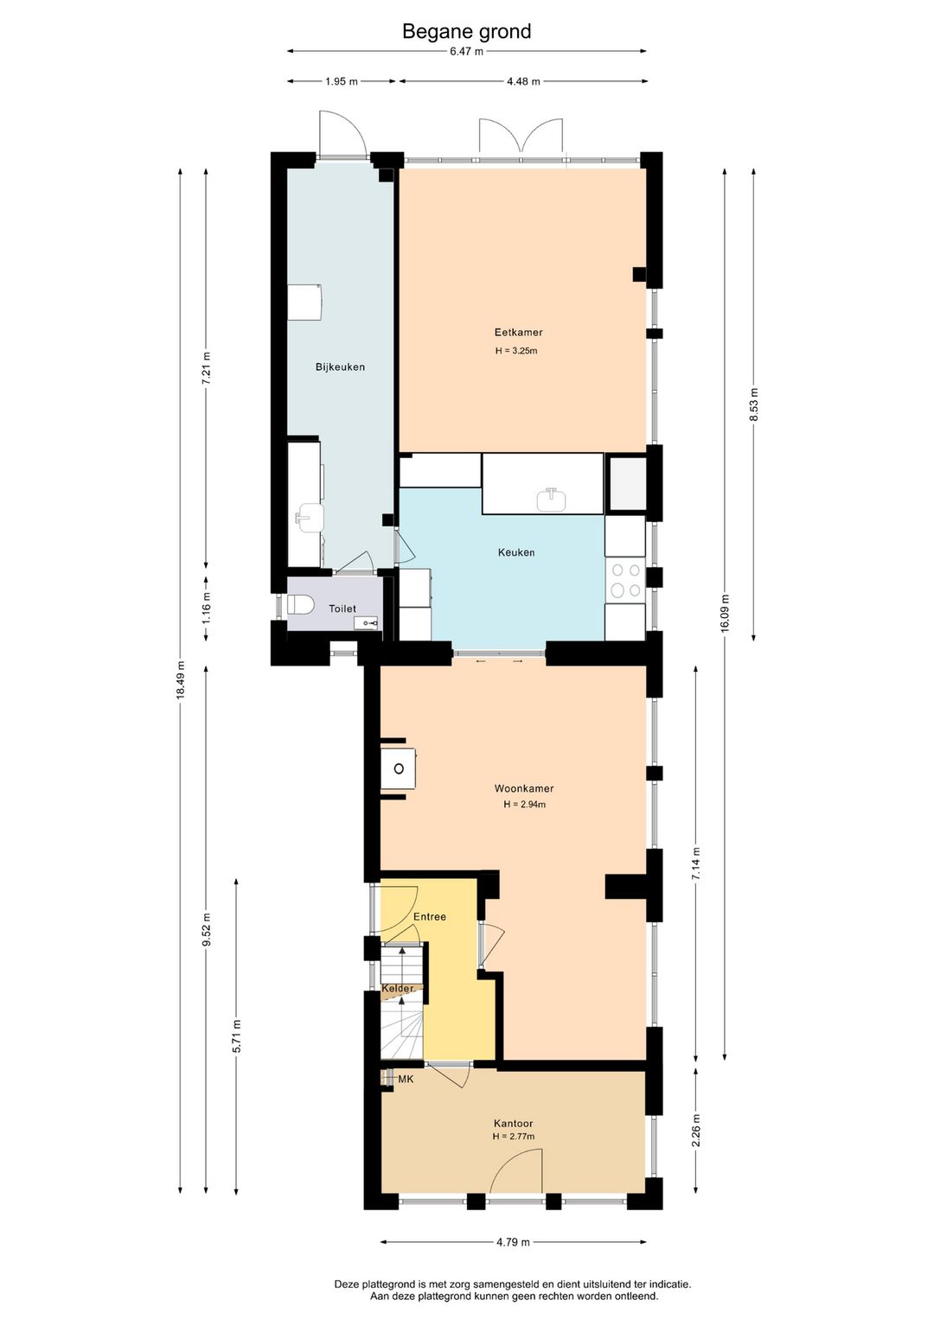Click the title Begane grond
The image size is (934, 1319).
tap(467, 32)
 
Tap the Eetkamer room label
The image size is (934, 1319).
tap(519, 332)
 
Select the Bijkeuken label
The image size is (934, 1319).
tap(340, 367)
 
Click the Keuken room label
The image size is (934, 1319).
tap(516, 552)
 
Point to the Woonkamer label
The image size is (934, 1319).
tap(524, 788)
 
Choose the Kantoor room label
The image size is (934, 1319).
tap(514, 1125)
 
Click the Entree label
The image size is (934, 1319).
tap(430, 917)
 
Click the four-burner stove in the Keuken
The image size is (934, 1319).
tap(626, 580)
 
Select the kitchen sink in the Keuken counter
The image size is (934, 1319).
tap(552, 500)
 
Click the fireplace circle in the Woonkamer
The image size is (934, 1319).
tap(399, 768)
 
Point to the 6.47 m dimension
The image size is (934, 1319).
tap(467, 51)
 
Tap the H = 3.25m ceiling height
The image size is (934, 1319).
tap(516, 351)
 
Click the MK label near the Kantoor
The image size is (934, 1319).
tap(406, 1080)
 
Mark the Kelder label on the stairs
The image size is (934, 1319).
tap(398, 989)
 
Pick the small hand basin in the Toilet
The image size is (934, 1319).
tap(366, 622)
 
